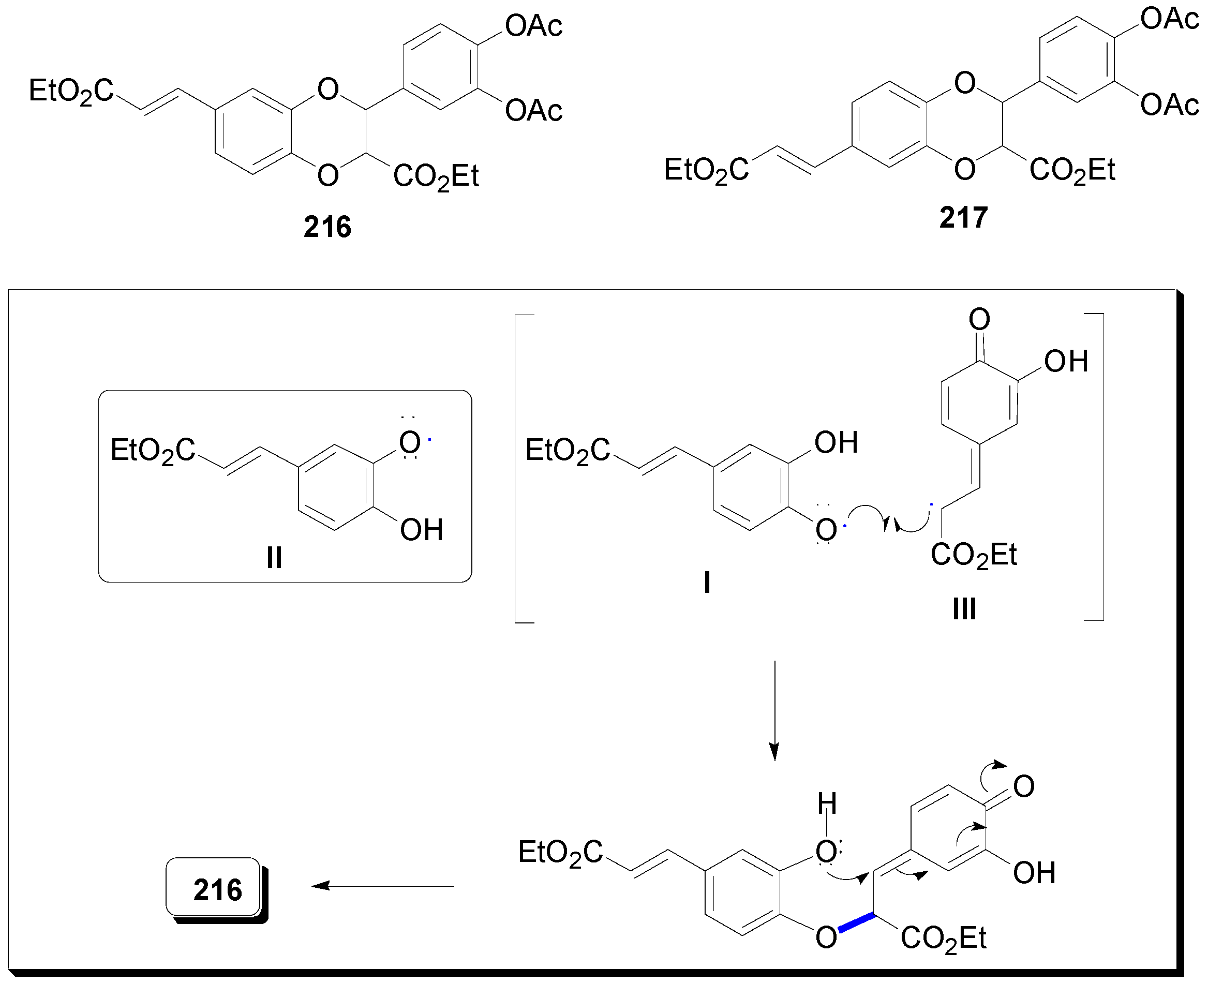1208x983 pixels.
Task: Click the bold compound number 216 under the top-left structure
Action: (327, 227)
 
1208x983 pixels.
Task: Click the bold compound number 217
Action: (963, 217)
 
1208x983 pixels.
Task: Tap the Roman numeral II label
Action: (274, 558)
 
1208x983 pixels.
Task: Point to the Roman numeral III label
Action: (964, 609)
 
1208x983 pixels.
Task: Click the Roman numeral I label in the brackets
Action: (707, 583)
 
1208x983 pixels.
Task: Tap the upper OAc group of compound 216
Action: (533, 26)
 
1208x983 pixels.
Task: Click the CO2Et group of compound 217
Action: (1071, 170)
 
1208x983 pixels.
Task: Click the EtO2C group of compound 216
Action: (71, 91)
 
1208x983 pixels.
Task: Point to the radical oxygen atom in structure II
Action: (410, 443)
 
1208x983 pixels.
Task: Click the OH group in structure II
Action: (421, 530)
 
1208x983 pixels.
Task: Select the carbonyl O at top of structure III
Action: (979, 319)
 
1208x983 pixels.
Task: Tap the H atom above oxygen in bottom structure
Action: (827, 803)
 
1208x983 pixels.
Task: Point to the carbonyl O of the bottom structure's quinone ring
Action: (1023, 786)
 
